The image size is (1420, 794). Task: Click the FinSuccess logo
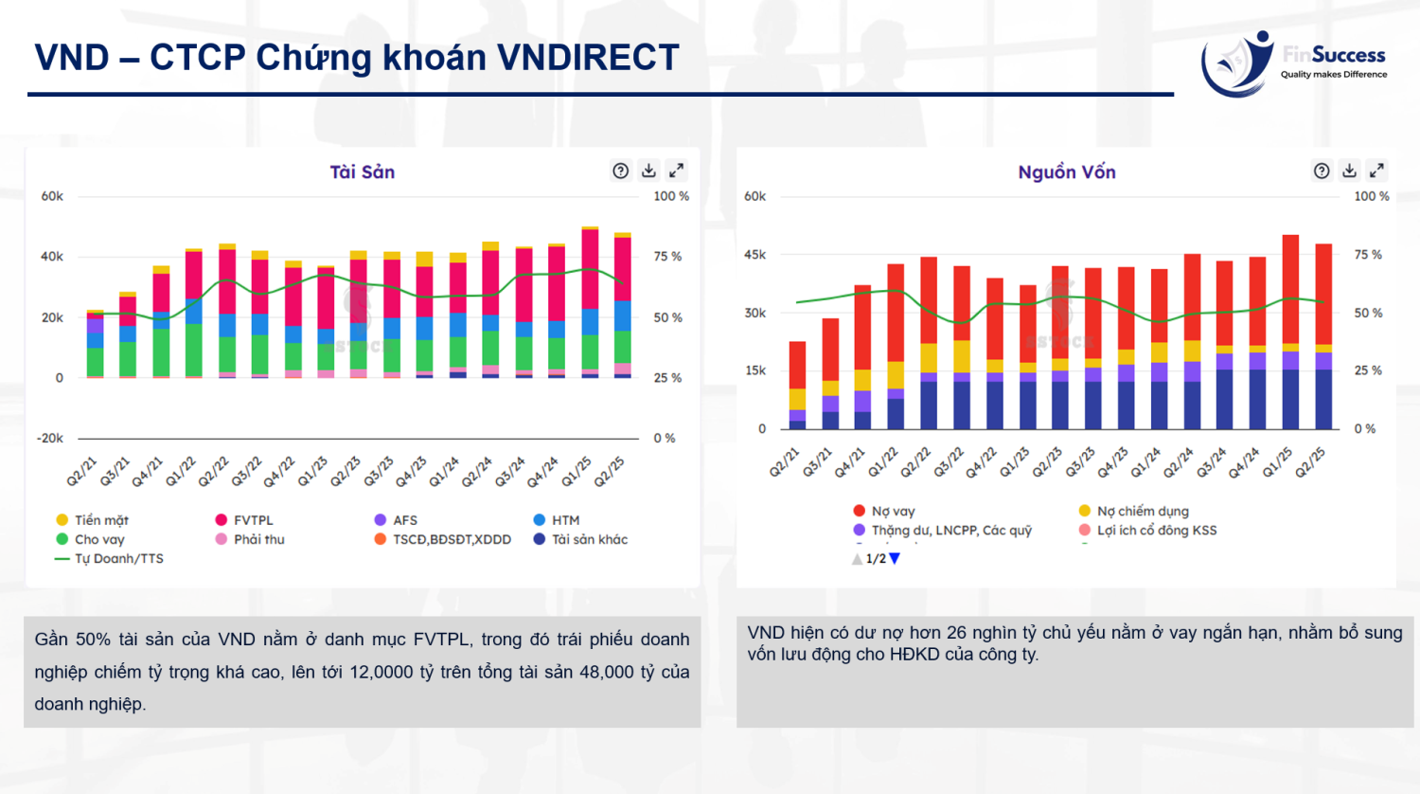pyautogui.click(x=1293, y=63)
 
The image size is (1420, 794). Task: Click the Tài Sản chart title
pyautogui.click(x=362, y=171)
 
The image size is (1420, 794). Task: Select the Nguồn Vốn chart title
pyautogui.click(x=1067, y=171)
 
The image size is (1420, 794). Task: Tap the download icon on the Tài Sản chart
pyautogui.click(x=648, y=171)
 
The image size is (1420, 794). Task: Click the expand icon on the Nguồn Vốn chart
pyautogui.click(x=1376, y=171)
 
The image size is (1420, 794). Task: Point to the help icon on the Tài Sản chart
pyautogui.click(x=620, y=171)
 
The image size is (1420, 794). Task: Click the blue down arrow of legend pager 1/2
pyautogui.click(x=895, y=559)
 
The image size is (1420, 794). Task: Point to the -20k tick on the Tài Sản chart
pyautogui.click(x=50, y=438)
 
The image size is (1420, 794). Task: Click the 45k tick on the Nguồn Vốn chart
pyautogui.click(x=755, y=255)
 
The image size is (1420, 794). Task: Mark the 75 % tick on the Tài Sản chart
pyautogui.click(x=667, y=257)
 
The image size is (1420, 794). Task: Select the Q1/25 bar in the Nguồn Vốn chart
pyautogui.click(x=1290, y=332)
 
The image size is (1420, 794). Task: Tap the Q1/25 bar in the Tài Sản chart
pyautogui.click(x=590, y=303)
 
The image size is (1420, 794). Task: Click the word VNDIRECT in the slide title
pyautogui.click(x=588, y=58)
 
